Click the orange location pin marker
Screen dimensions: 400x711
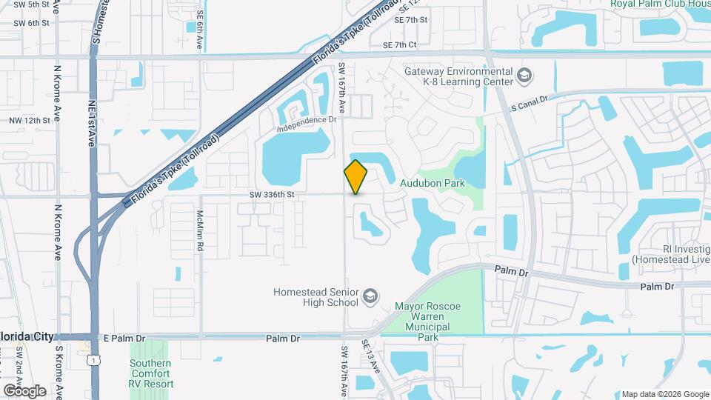[355, 177]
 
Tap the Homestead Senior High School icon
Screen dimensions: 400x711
[369, 298]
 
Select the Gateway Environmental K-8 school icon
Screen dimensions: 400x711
[524, 76]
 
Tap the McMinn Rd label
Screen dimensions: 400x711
[200, 230]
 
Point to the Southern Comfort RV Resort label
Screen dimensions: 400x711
[151, 373]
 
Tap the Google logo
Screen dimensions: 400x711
[24, 390]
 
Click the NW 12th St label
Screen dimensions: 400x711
[30, 120]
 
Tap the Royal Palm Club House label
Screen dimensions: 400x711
[660, 4]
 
